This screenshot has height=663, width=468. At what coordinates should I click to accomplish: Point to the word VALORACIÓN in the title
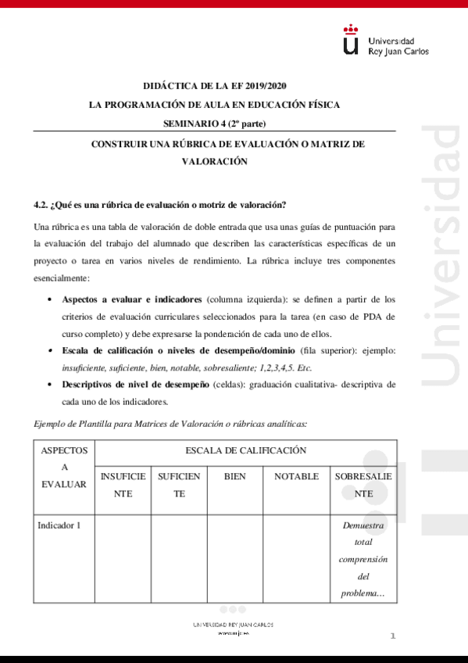click(214, 161)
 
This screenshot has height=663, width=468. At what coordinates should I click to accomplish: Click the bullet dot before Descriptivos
click(50, 385)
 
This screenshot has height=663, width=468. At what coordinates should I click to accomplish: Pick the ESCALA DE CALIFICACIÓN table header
click(245, 450)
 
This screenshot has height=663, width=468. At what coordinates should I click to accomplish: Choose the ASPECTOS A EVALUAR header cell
click(65, 468)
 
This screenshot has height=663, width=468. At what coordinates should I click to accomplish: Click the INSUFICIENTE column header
click(123, 485)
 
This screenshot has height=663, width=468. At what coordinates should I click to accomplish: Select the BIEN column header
click(234, 476)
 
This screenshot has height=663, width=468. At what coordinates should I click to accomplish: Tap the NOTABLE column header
click(296, 476)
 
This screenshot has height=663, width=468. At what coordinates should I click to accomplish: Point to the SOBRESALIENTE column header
click(364, 485)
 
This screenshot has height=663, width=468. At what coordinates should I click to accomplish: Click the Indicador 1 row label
click(59, 525)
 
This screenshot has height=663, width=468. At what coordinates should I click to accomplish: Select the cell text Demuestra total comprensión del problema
click(363, 559)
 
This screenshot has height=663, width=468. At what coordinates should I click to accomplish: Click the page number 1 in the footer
click(393, 636)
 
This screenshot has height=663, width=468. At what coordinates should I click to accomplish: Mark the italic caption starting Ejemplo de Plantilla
click(171, 424)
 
